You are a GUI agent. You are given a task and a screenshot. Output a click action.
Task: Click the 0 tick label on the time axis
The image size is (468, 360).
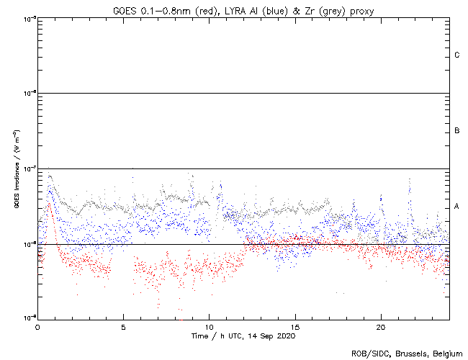point(37,326)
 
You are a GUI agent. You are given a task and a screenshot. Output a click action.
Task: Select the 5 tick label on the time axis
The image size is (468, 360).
point(123,326)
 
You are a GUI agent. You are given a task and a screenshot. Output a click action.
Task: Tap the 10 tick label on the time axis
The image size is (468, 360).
point(209,326)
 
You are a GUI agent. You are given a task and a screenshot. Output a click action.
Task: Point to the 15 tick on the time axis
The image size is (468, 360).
point(294,326)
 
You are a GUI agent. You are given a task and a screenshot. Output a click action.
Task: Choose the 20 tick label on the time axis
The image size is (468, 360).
point(380,326)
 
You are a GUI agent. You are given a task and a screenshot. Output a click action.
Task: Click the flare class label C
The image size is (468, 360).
point(456,55)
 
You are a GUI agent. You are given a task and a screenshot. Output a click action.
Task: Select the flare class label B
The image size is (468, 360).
point(456,131)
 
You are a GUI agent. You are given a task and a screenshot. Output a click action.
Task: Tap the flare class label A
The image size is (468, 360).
point(456,207)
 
